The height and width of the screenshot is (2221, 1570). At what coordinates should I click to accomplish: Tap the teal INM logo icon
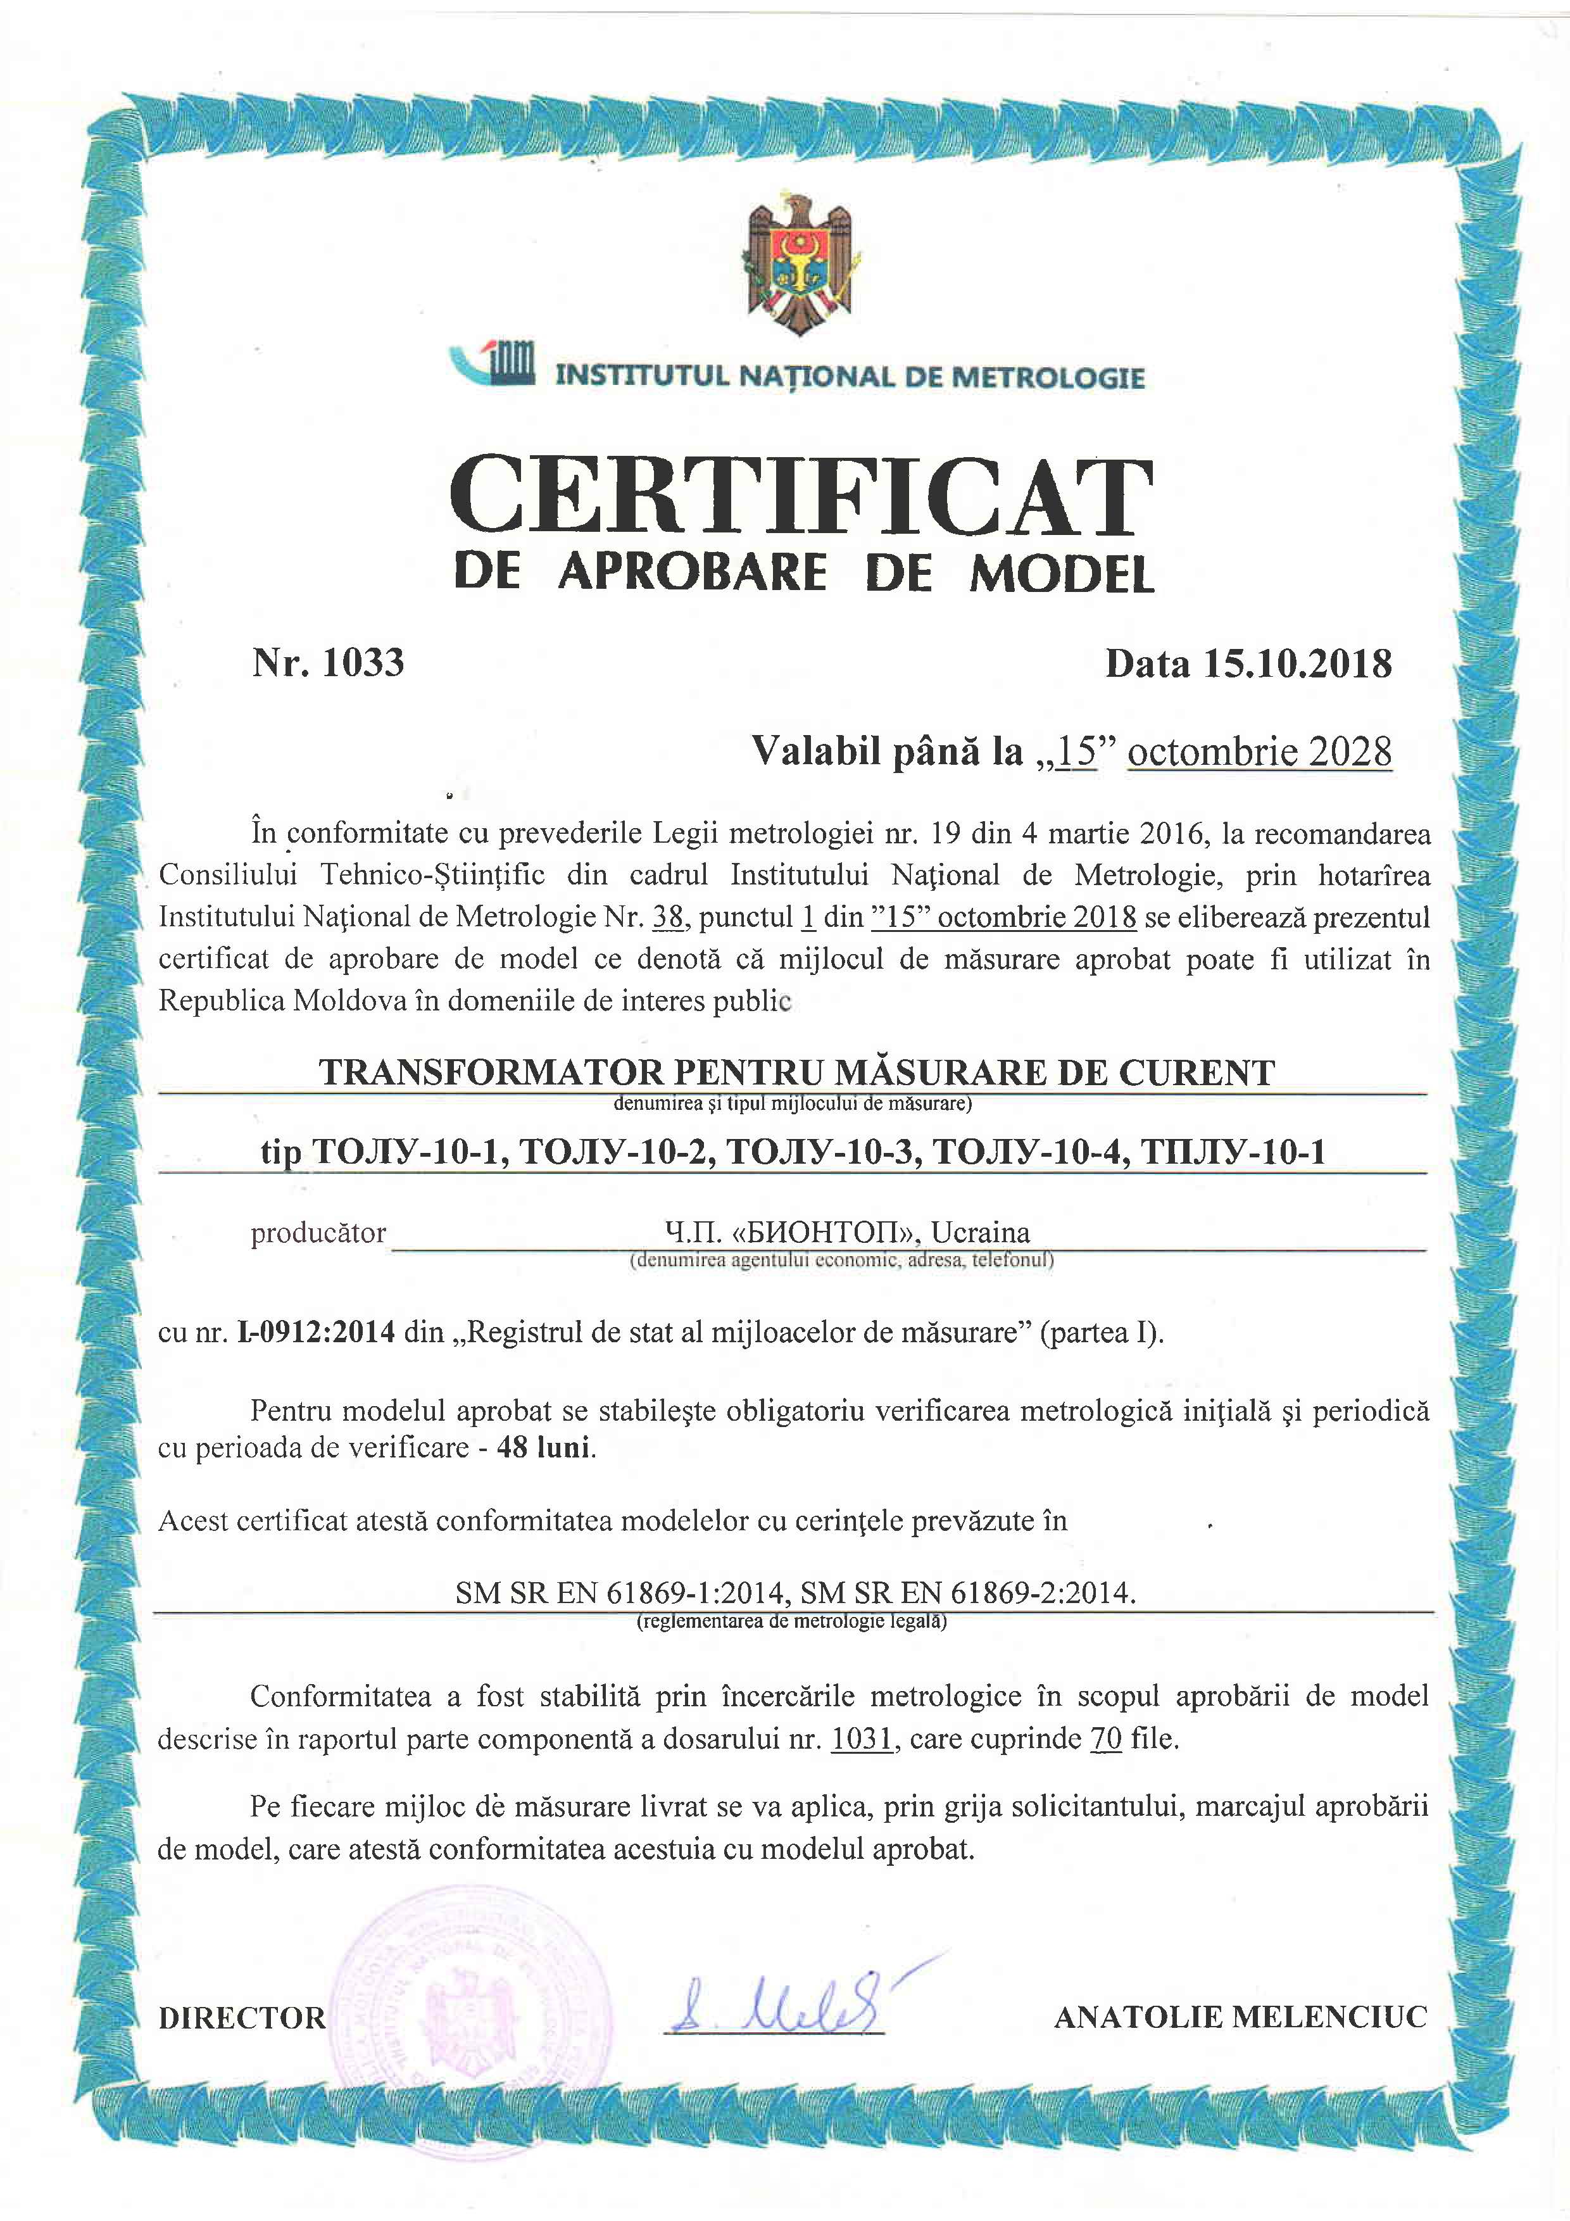pos(494,366)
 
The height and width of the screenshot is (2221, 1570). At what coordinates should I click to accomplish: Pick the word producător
pos(318,1233)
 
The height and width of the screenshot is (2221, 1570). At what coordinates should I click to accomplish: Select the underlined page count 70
pos(1106,1739)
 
